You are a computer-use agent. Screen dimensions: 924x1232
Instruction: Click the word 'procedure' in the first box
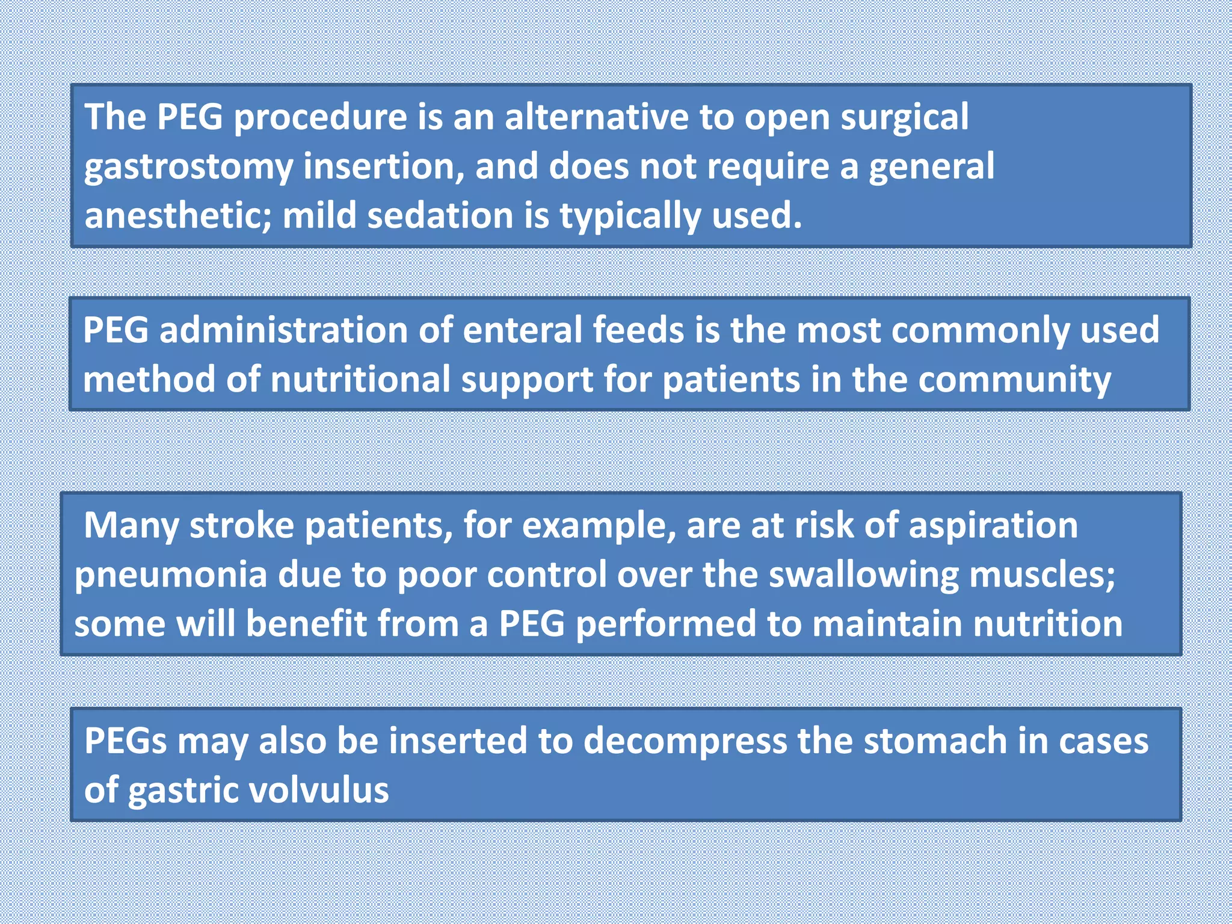[x=320, y=117]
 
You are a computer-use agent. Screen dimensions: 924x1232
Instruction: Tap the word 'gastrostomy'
[x=188, y=167]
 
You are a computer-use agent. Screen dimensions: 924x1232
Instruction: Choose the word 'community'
[x=1014, y=380]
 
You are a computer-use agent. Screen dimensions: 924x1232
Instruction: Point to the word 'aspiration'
[x=993, y=526]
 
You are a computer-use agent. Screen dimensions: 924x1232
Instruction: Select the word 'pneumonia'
[x=171, y=574]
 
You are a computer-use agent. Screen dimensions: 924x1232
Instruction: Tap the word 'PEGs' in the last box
[x=125, y=741]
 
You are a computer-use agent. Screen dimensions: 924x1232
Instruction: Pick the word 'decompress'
[x=685, y=742]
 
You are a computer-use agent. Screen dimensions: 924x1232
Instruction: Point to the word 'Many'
[x=131, y=526]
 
